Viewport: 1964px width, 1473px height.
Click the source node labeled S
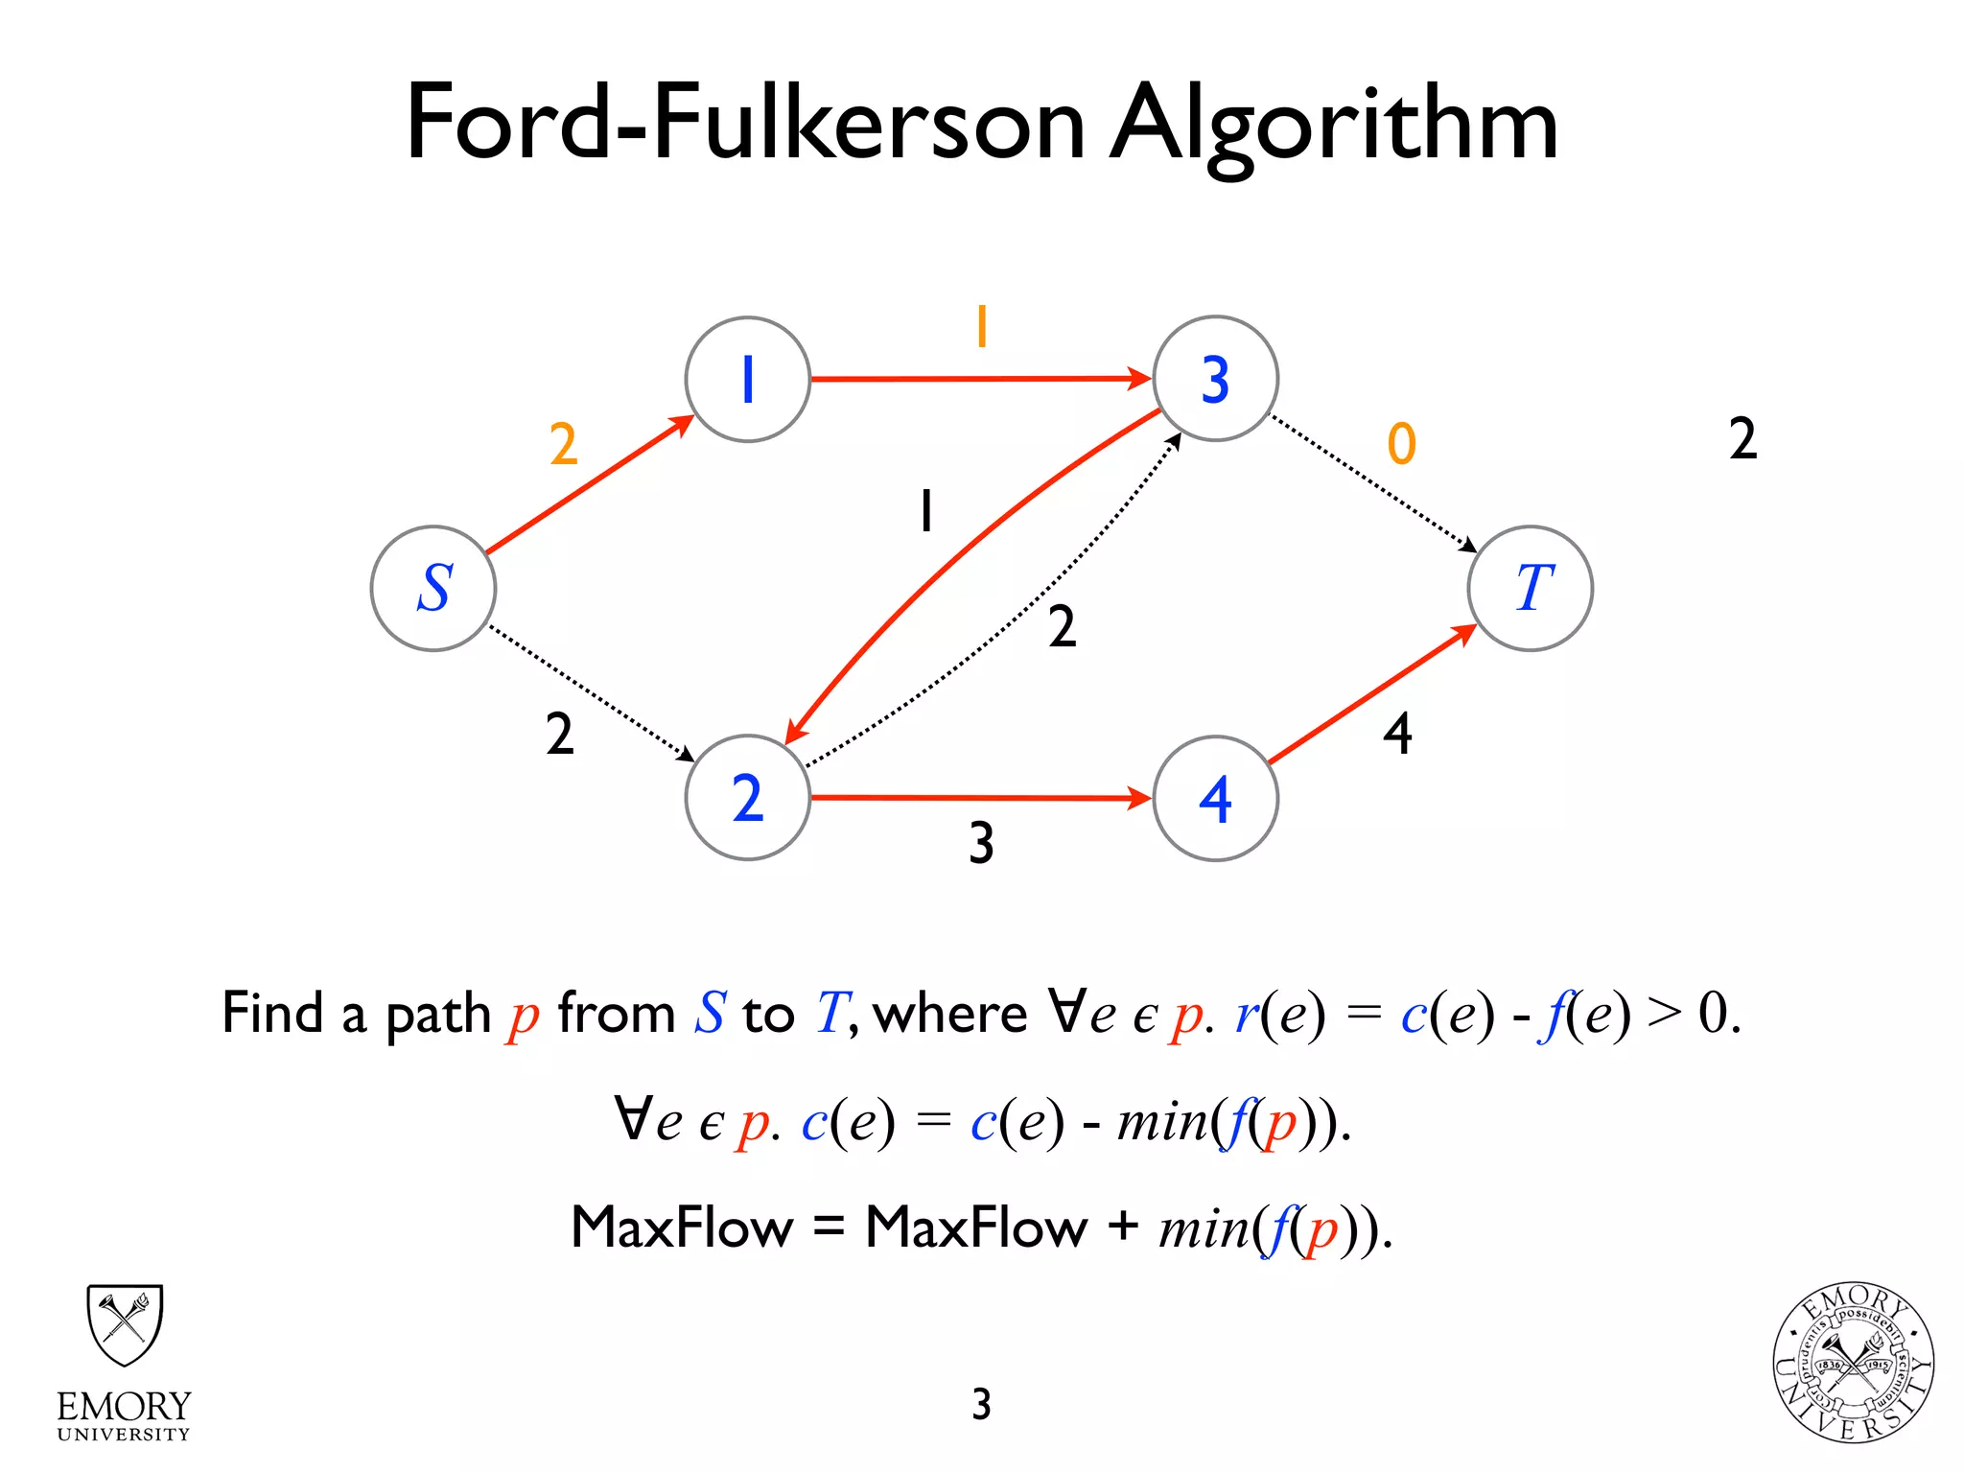coord(433,588)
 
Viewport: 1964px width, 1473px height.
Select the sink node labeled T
coord(1531,588)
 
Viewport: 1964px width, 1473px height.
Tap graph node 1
coord(748,379)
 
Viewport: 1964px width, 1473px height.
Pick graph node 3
coord(1215,379)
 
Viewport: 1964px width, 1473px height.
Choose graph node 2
coord(748,797)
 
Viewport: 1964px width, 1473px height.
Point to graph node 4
coord(1215,798)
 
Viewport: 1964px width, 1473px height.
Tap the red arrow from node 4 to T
coord(1371,693)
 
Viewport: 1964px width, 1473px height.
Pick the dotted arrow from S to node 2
coord(590,692)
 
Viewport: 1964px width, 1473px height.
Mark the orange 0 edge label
coord(1401,444)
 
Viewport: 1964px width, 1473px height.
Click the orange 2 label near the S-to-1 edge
coord(564,444)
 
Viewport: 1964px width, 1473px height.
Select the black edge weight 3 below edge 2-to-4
coord(981,843)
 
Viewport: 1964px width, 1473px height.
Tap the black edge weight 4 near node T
coord(1397,734)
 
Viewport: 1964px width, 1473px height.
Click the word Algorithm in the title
coord(1333,125)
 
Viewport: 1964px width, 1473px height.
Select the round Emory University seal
coord(1852,1363)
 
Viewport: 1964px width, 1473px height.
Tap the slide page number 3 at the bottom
coord(981,1404)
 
